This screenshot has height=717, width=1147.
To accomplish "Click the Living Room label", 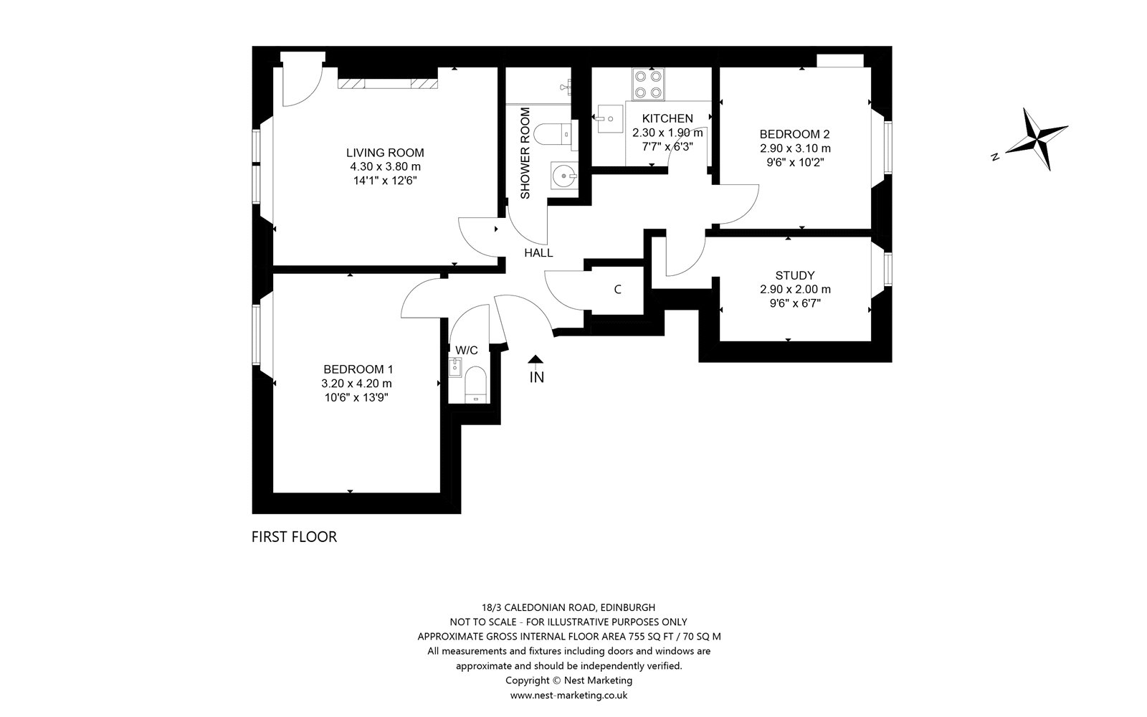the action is pos(385,153).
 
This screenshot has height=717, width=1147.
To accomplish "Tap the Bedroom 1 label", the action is pos(358,369).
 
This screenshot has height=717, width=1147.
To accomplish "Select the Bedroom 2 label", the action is pos(795,134).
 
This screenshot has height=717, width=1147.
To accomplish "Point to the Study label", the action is pos(795,275).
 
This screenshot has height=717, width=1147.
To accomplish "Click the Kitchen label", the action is pos(667,118).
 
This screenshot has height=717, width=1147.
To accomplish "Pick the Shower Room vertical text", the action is pos(525,153).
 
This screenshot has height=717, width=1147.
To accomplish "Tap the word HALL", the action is pos(538,252).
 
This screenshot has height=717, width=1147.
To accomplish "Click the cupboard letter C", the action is pos(617,290).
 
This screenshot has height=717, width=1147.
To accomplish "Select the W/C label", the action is pos(467,351).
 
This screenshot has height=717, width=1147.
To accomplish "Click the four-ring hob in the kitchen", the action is pos(648,85).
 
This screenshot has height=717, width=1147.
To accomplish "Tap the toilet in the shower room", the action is pos(556,136).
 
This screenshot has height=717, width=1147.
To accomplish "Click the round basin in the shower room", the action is pos(564,176).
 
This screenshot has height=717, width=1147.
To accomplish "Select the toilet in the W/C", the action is pos(475,384).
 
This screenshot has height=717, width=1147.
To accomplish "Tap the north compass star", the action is pos(1037,139).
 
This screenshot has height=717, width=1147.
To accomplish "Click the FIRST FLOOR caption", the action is pos(295,537).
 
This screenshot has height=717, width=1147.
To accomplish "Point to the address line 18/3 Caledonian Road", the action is pos(568,607).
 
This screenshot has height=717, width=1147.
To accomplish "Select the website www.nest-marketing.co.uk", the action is pos(568,695).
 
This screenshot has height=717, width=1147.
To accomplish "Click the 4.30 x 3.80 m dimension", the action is pos(385,166).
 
